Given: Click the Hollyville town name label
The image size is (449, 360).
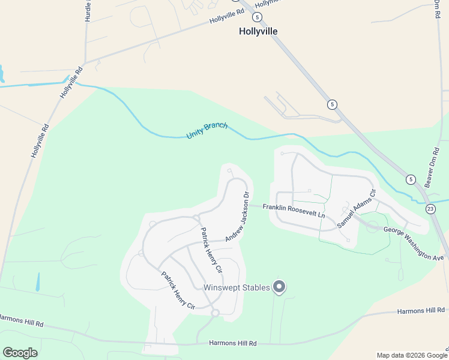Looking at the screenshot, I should (258, 31).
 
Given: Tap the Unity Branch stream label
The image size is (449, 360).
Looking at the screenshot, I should (207, 130).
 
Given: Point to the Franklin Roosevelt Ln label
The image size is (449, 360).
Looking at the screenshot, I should (294, 211).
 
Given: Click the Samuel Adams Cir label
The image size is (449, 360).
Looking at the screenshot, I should (356, 208).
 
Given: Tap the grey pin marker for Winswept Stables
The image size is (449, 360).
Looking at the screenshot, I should (279, 287).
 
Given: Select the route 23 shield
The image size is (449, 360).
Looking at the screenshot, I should (430, 208).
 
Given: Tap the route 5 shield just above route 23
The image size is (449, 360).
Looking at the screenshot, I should (411, 179).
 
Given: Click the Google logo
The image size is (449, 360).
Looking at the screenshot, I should (20, 352).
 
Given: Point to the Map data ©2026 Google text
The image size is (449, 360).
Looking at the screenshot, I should (411, 355).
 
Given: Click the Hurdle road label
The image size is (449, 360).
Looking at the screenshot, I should (88, 11).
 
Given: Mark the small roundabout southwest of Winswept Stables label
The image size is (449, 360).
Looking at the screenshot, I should (214, 312).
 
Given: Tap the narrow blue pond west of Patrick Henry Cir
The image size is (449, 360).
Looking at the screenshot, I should (37, 282).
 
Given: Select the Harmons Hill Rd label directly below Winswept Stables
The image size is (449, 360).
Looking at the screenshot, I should (232, 343).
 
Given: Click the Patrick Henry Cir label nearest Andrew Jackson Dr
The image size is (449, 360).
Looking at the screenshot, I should (211, 249).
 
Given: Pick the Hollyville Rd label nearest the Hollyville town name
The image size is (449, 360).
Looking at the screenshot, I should (227, 16).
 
